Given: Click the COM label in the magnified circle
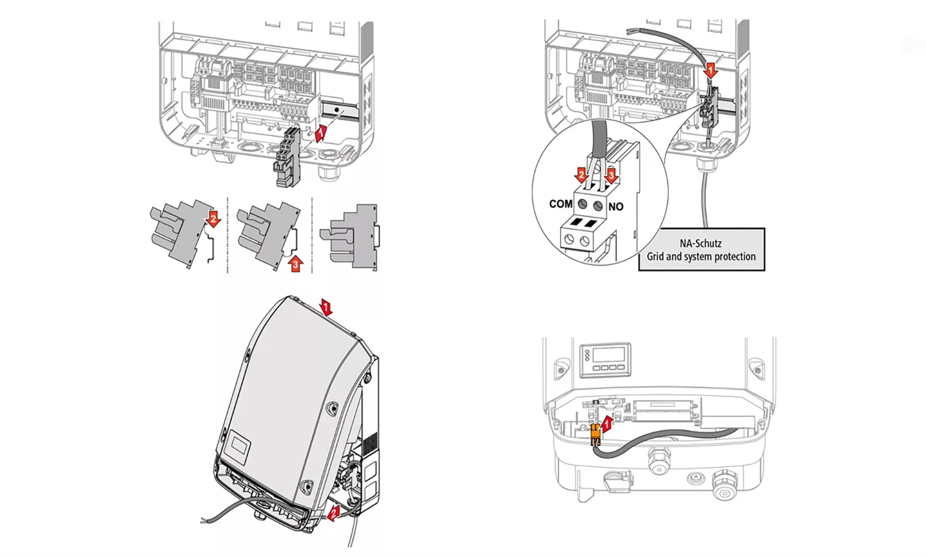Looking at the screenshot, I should coord(560,204).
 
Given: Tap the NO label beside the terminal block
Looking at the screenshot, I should coord(615,206).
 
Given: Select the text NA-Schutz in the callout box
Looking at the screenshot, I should coord(700,243).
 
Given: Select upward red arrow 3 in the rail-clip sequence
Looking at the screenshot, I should coord(295,263).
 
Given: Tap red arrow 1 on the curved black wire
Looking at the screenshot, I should coord(711,70).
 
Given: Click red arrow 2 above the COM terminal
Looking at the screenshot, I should coord(581,175).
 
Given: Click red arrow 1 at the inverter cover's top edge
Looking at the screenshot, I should coord(327,307).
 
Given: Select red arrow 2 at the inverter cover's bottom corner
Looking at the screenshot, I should coord(333,513).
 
